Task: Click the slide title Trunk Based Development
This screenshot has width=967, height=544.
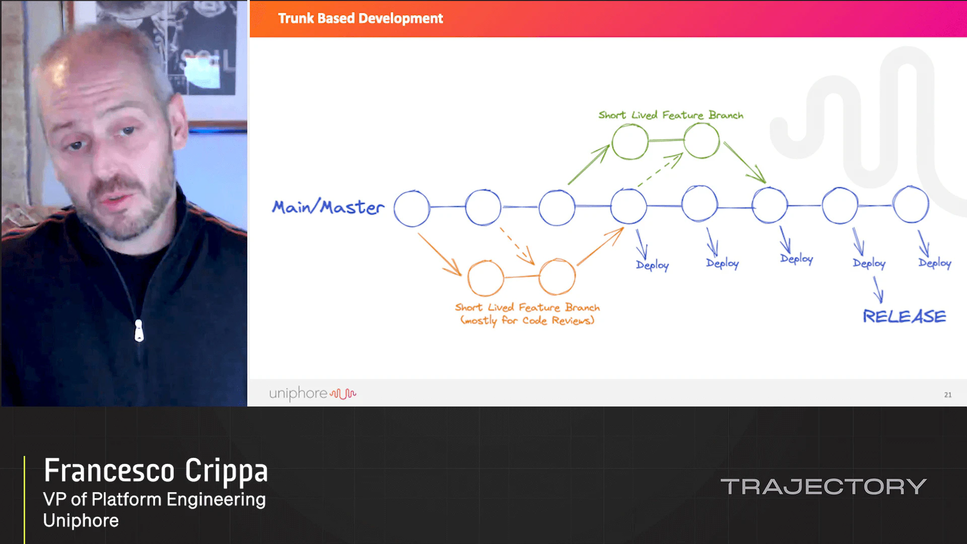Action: pyautogui.click(x=360, y=19)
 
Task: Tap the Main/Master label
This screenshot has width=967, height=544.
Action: pyautogui.click(x=328, y=207)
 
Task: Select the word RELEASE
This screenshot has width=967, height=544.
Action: pyautogui.click(x=904, y=316)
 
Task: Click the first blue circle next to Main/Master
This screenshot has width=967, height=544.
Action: pyautogui.click(x=412, y=208)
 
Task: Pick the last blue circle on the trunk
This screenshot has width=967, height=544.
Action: pyautogui.click(x=911, y=205)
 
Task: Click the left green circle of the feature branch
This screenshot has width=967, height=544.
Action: pyautogui.click(x=630, y=142)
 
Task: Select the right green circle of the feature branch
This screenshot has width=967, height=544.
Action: pyautogui.click(x=702, y=141)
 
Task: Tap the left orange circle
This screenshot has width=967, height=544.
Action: pyautogui.click(x=486, y=278)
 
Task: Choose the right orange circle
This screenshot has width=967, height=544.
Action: pyautogui.click(x=557, y=277)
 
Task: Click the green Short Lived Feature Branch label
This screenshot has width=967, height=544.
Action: pyautogui.click(x=670, y=115)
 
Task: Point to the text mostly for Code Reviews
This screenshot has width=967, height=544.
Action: pyautogui.click(x=527, y=321)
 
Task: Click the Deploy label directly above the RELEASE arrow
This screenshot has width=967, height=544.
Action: pyautogui.click(x=869, y=263)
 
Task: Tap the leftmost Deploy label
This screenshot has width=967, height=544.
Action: pyautogui.click(x=652, y=265)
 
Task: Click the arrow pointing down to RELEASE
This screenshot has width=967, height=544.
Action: pyautogui.click(x=878, y=290)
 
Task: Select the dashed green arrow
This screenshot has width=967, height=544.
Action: pyautogui.click(x=660, y=170)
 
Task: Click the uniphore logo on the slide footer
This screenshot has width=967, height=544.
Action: pyautogui.click(x=312, y=393)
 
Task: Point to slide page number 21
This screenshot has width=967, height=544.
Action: pyautogui.click(x=947, y=395)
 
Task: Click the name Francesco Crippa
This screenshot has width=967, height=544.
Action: pyautogui.click(x=156, y=470)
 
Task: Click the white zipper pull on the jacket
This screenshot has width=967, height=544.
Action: pyautogui.click(x=139, y=331)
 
